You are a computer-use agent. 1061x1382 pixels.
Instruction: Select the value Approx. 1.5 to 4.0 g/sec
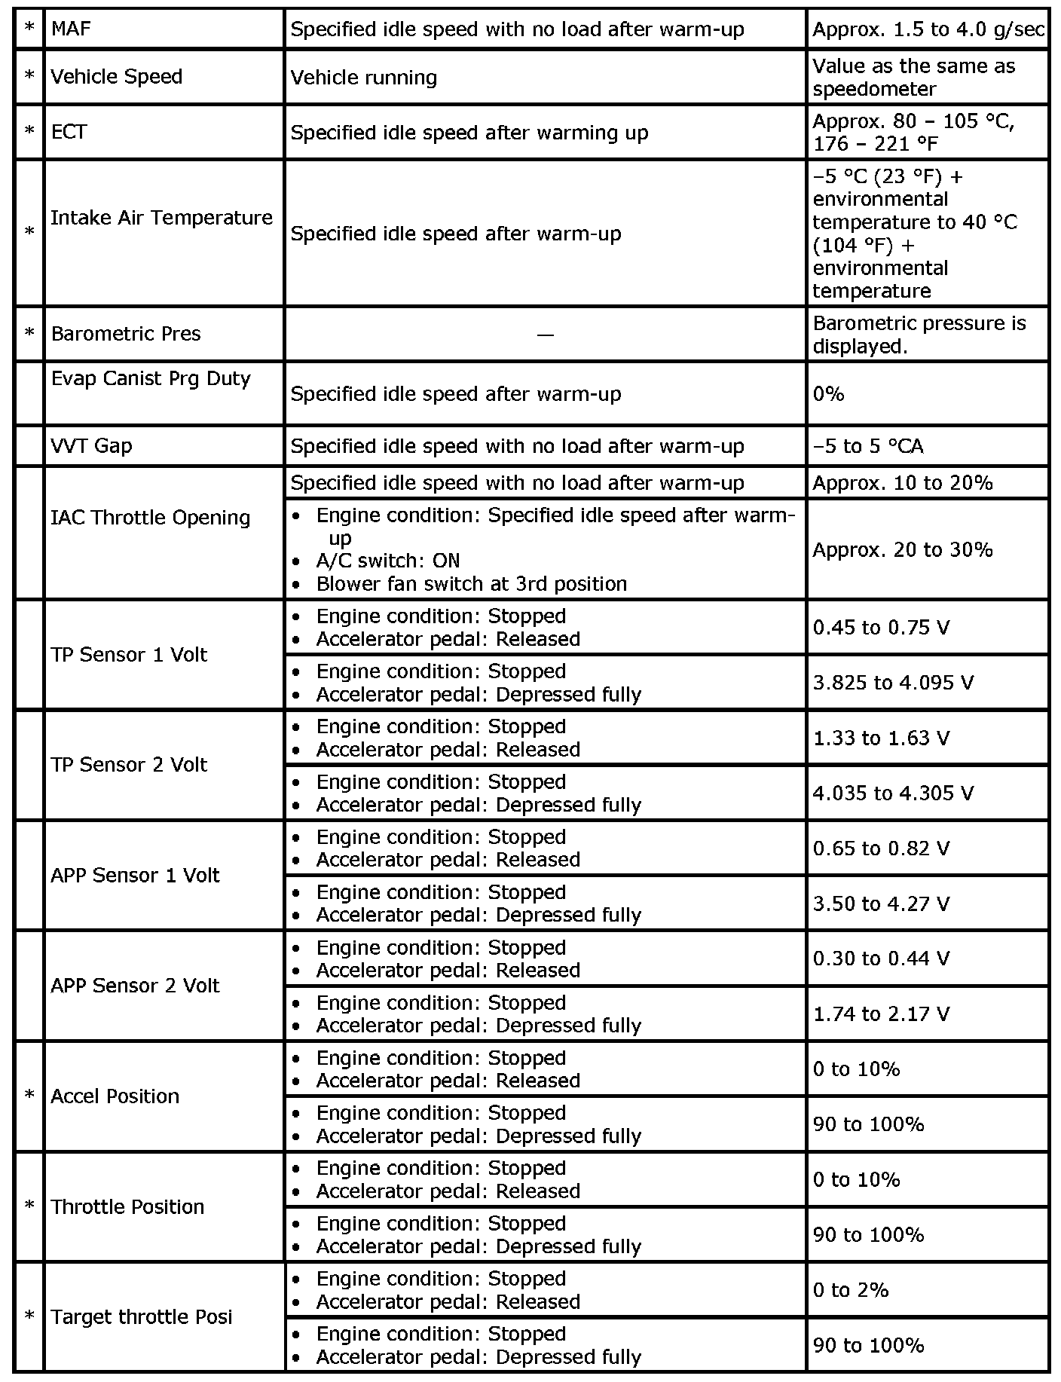tap(928, 29)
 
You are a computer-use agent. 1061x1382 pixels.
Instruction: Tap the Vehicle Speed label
tap(116, 77)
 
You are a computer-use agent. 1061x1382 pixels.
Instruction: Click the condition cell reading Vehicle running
tap(363, 78)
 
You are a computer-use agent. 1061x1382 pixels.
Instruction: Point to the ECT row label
tap(69, 132)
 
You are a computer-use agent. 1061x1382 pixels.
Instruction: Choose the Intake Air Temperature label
tap(161, 218)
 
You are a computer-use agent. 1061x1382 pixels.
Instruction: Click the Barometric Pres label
tap(126, 334)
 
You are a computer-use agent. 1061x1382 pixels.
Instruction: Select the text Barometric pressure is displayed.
tap(919, 335)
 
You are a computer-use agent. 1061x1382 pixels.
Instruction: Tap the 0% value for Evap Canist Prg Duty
tap(828, 394)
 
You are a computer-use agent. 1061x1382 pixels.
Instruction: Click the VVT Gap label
tap(91, 446)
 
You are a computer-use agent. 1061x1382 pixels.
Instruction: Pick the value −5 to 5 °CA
tap(867, 446)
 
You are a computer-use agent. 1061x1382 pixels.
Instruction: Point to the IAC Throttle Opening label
tap(150, 518)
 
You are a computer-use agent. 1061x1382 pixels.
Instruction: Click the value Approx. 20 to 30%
tap(902, 550)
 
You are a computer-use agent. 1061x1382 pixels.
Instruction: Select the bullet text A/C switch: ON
tap(387, 561)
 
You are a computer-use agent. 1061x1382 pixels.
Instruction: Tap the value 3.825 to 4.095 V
tap(893, 683)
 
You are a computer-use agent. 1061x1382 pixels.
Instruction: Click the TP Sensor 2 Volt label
tap(128, 765)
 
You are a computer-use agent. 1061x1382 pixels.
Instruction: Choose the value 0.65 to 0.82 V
tap(881, 848)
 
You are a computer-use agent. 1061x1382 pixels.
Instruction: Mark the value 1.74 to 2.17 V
tap(881, 1014)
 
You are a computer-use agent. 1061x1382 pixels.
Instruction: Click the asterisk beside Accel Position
tap(29, 1096)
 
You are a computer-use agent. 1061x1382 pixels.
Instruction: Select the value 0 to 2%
tap(851, 1290)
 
